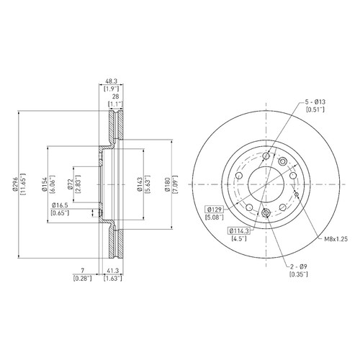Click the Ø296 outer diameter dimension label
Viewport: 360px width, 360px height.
pyautogui.click(x=15, y=184)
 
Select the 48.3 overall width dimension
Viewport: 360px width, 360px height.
pyautogui.click(x=111, y=81)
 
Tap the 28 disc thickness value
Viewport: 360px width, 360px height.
pyautogui.click(x=116, y=96)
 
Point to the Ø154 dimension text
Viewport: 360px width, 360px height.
pyautogui.click(x=44, y=184)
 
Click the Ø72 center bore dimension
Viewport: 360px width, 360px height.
pyautogui.click(x=70, y=184)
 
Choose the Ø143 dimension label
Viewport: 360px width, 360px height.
pyautogui.click(x=140, y=184)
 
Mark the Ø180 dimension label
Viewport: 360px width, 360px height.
pyautogui.click(x=167, y=184)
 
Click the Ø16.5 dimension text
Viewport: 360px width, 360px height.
pyautogui.click(x=60, y=205)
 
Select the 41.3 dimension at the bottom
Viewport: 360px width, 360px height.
pyautogui.click(x=113, y=271)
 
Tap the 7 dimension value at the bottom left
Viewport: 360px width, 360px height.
pyautogui.click(x=82, y=271)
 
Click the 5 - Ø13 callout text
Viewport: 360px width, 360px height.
pyautogui.click(x=315, y=102)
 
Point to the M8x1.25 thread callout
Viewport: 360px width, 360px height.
pyautogui.click(x=336, y=239)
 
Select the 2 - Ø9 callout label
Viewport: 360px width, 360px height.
pyautogui.click(x=299, y=266)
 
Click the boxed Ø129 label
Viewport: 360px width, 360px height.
pyautogui.click(x=214, y=210)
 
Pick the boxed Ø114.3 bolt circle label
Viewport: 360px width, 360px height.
pyautogui.click(x=239, y=231)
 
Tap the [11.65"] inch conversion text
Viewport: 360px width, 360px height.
pyautogui.click(x=23, y=184)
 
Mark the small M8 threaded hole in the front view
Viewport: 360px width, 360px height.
pyautogui.click(x=297, y=194)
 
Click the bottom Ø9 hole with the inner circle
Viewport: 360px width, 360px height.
pyautogui.click(x=266, y=212)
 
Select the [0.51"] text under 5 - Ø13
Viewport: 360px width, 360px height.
pyautogui.click(x=315, y=109)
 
